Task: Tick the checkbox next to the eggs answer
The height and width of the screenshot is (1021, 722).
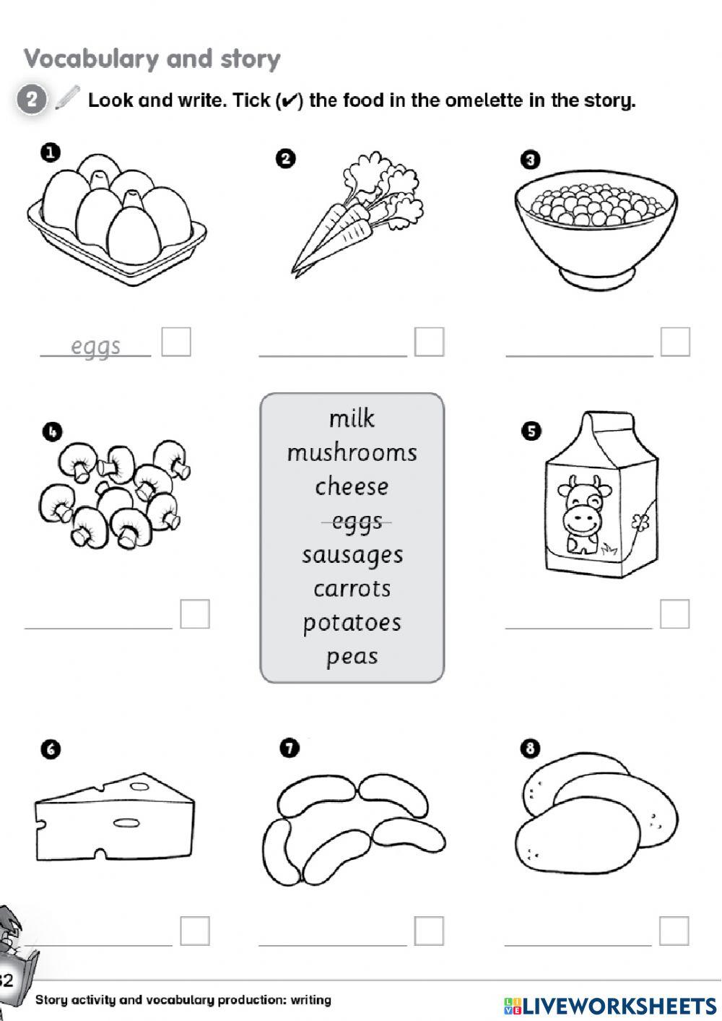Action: tap(176, 342)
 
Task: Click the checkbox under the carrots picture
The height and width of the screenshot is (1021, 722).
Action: tap(429, 342)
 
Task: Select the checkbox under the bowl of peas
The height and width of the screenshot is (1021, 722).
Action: tap(675, 342)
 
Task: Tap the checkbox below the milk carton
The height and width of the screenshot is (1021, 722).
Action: tap(674, 614)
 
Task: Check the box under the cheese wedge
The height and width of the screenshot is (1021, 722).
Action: tap(194, 931)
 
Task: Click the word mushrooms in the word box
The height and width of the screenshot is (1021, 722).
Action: tap(352, 453)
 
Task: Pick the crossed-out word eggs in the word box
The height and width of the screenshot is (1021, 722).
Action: tap(357, 521)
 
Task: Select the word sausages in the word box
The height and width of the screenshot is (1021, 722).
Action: tap(352, 555)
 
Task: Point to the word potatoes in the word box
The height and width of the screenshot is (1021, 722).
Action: tap(352, 623)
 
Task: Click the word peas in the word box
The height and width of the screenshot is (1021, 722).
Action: tap(352, 657)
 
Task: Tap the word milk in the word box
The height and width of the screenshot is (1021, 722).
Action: tap(352, 418)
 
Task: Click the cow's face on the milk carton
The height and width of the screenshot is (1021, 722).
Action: tap(583, 506)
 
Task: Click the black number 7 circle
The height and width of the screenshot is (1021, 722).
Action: tap(289, 749)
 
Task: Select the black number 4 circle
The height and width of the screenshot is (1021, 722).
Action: tap(53, 432)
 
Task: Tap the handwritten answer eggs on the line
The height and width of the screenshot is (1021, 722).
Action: tap(95, 346)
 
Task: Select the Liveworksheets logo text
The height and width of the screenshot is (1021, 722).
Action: tap(610, 1005)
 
